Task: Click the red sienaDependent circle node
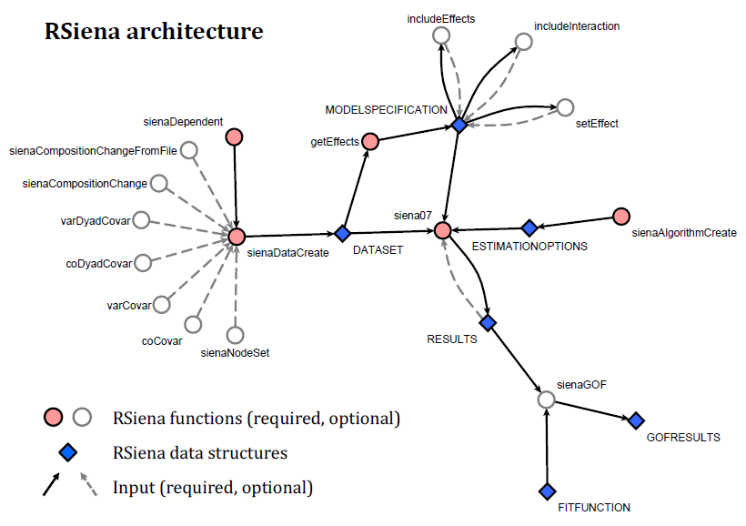tap(235, 137)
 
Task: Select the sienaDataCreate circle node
tap(237, 236)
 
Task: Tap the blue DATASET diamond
tap(343, 234)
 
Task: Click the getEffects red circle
tap(369, 141)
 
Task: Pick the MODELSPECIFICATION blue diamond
tap(459, 125)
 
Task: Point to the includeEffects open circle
tap(441, 35)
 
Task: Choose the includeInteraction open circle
tap(523, 41)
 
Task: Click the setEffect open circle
tap(565, 107)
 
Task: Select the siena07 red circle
tap(443, 230)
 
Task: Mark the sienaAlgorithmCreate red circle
tap(621, 216)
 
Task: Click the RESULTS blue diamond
tap(488, 322)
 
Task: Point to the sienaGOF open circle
tap(546, 400)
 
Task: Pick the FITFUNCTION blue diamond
tap(547, 491)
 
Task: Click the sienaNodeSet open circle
tap(235, 334)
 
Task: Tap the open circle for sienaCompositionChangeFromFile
tap(190, 149)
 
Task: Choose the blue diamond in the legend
tap(67, 452)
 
